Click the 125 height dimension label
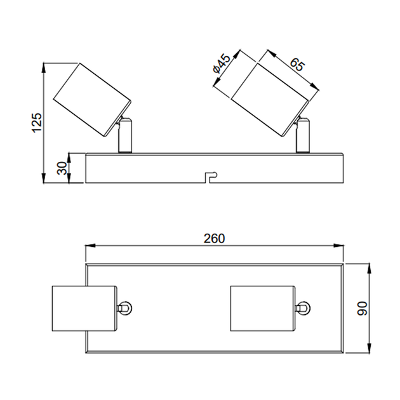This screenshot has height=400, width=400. (x=36, y=123)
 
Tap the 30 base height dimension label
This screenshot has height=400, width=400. (x=62, y=168)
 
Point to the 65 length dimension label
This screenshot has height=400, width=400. (x=297, y=65)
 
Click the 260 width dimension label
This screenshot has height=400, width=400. (x=215, y=239)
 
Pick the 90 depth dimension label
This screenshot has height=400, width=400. (x=362, y=309)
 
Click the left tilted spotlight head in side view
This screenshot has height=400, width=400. (x=92, y=100)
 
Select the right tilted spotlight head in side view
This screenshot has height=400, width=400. (x=270, y=100)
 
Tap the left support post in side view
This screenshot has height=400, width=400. (x=125, y=135)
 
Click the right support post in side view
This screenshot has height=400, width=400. (x=303, y=135)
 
